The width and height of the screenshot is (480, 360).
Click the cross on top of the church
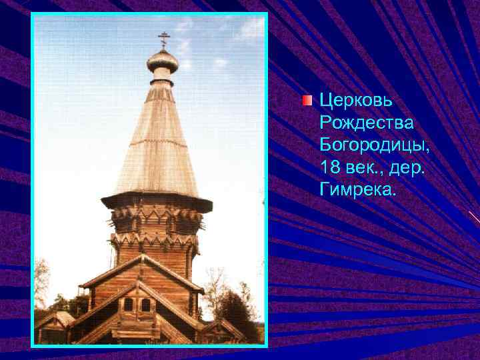click(163, 39)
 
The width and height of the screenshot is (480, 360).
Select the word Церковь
click(356, 101)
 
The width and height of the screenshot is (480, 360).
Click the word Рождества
click(367, 123)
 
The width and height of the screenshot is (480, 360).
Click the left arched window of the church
click(128, 305)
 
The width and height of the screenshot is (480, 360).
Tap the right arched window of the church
click(145, 305)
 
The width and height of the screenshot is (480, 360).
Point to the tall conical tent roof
click(157, 147)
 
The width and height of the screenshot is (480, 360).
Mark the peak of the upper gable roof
click(140, 256)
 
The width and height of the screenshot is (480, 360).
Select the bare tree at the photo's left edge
click(41, 280)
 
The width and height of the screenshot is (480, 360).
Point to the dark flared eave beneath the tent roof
click(156, 200)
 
